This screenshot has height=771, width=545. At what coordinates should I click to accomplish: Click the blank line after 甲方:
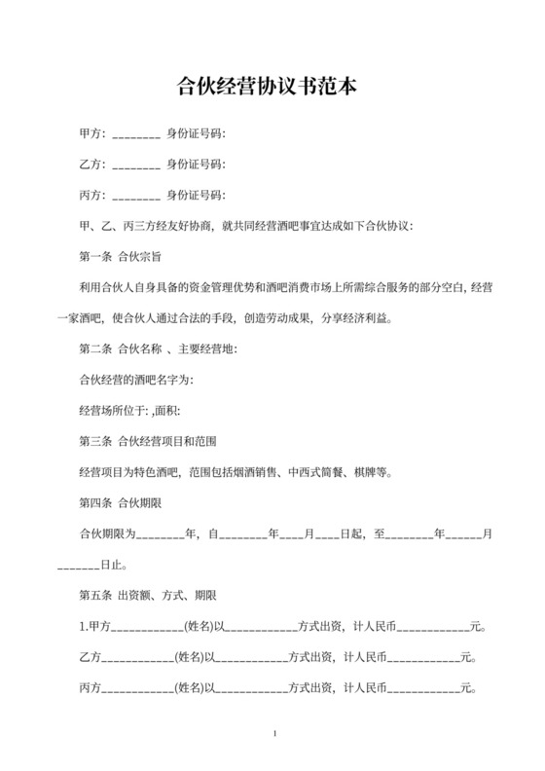[x=136, y=136]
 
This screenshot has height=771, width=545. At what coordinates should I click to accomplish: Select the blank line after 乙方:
[x=136, y=165]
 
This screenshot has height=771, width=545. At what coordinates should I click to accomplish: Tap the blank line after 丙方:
[x=136, y=195]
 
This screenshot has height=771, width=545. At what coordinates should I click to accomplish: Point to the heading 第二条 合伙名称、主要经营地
[x=157, y=349]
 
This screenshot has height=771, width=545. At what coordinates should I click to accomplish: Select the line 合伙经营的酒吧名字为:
[x=135, y=379]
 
